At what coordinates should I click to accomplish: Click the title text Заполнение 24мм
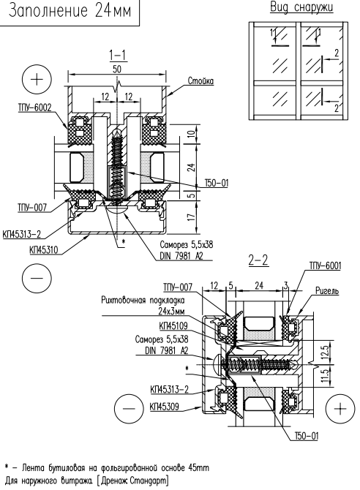(x=70, y=11)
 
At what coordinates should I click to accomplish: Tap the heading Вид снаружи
(x=301, y=7)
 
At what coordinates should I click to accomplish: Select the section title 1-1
(x=117, y=56)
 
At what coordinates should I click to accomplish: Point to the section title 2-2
(x=258, y=260)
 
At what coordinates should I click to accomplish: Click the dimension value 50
(x=117, y=69)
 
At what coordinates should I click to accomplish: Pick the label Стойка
(x=200, y=81)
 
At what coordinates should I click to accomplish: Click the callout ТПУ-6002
(x=34, y=108)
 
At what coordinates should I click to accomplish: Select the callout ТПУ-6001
(x=325, y=265)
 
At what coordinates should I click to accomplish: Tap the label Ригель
(x=327, y=291)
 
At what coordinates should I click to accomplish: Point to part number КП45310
(x=43, y=249)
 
